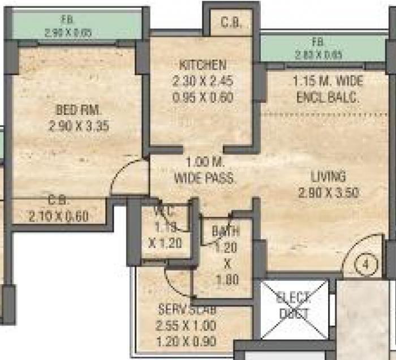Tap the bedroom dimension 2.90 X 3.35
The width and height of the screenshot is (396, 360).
tap(78, 126)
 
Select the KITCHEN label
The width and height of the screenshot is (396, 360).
tap(203, 65)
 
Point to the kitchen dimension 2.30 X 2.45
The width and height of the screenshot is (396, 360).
tap(203, 81)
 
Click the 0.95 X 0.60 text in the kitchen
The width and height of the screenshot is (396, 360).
tap(203, 97)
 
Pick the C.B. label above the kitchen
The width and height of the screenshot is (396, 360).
tap(231, 23)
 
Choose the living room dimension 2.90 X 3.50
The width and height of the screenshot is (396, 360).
tap(328, 192)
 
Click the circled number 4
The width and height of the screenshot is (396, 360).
tap(367, 264)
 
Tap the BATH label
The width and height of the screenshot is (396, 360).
tap(226, 231)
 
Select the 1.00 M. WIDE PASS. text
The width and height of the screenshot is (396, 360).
tap(204, 170)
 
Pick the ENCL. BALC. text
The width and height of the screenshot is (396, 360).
tap(328, 97)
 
